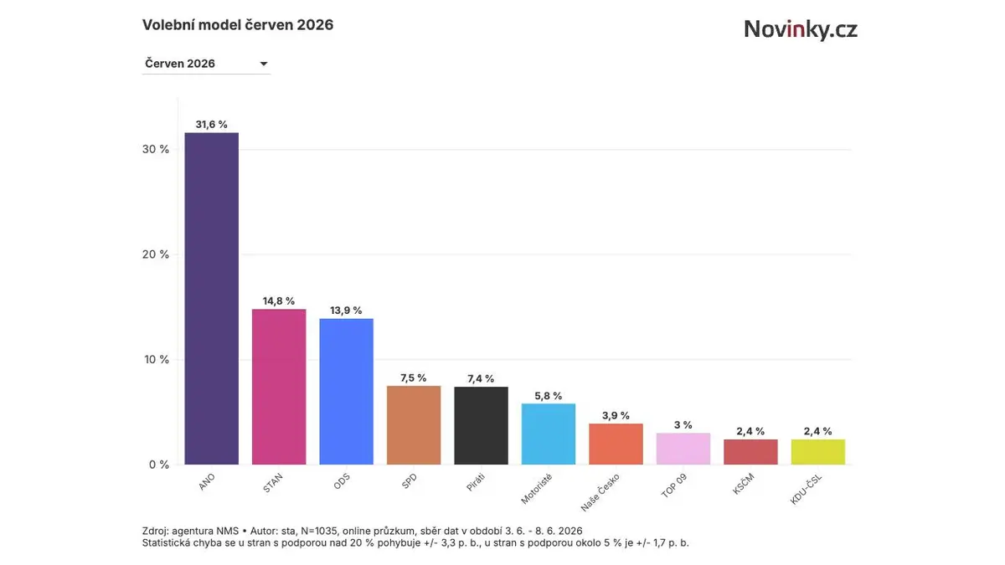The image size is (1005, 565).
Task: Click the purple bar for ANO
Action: pyautogui.click(x=211, y=298)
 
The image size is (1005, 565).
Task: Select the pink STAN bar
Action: pyautogui.click(x=279, y=387)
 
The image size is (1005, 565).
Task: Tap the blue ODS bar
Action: pyautogui.click(x=346, y=392)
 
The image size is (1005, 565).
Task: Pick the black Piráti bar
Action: pyautogui.click(x=481, y=425)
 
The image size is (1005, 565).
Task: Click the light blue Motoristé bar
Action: pyautogui.click(x=549, y=434)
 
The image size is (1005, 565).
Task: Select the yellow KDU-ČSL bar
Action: pyautogui.click(x=818, y=452)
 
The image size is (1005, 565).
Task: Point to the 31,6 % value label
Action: pyautogui.click(x=211, y=124)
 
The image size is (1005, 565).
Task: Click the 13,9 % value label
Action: pyautogui.click(x=346, y=311)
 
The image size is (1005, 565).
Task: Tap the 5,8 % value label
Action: pyautogui.click(x=549, y=395)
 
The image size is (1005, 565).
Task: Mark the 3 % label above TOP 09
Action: pyautogui.click(x=683, y=424)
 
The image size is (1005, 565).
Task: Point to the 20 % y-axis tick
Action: pyautogui.click(x=155, y=254)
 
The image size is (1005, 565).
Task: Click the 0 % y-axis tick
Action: pyautogui.click(x=159, y=465)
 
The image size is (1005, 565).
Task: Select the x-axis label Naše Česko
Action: pyautogui.click(x=600, y=492)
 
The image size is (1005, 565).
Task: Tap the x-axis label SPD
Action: pyautogui.click(x=410, y=481)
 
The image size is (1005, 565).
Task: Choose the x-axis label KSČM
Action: pyautogui.click(x=744, y=484)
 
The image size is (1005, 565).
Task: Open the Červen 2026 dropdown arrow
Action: pyautogui.click(x=264, y=64)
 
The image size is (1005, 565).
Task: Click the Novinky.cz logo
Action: pyautogui.click(x=801, y=29)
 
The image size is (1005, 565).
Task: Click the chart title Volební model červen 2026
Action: pyautogui.click(x=238, y=24)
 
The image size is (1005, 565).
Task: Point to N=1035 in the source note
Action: pyautogui.click(x=318, y=531)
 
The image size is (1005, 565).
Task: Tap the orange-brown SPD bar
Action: pyautogui.click(x=414, y=425)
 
